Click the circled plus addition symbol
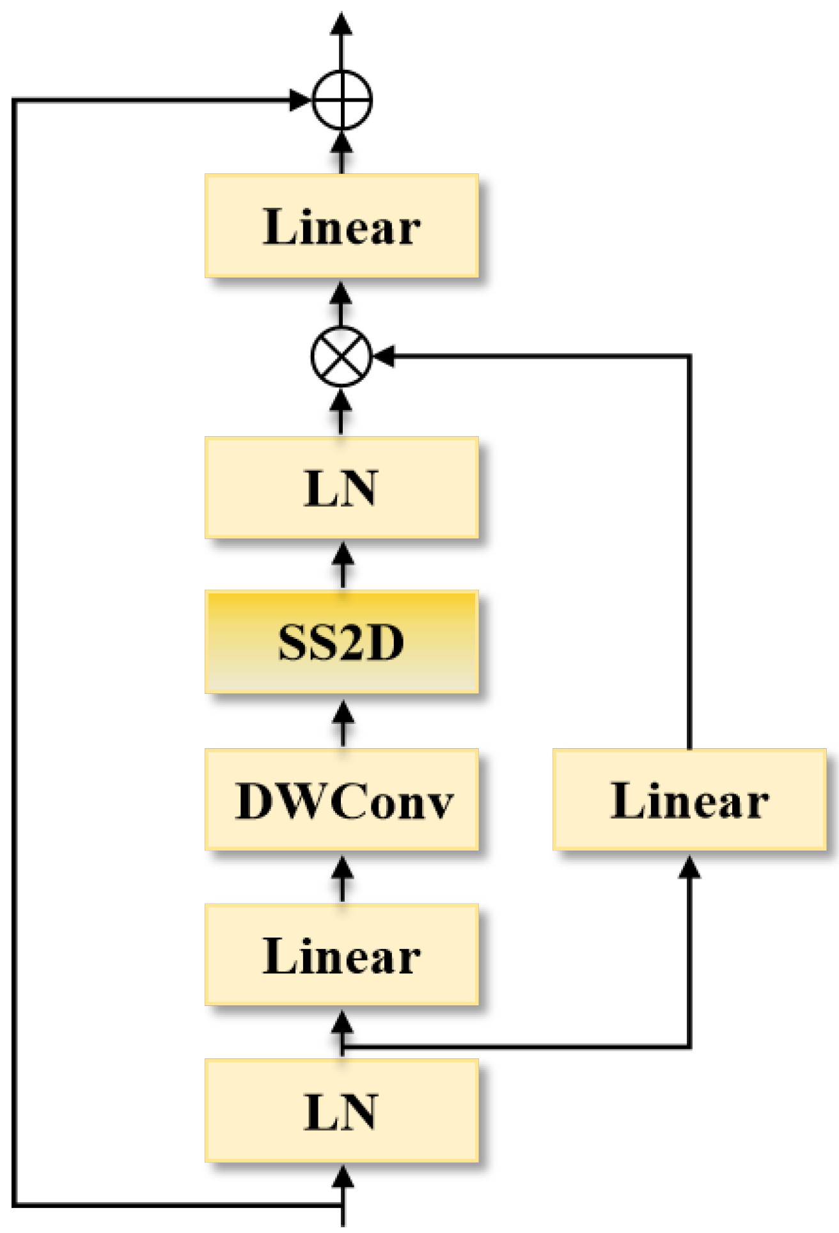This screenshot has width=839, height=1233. click(342, 100)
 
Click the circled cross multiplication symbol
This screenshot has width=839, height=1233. click(341, 356)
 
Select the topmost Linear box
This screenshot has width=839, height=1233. click(341, 226)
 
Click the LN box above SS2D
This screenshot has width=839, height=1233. click(341, 488)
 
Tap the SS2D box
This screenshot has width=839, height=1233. click(341, 641)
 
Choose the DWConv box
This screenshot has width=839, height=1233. click(341, 799)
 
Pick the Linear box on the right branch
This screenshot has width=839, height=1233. click(689, 799)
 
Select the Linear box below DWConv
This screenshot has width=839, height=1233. click(341, 955)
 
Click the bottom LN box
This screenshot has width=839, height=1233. click(341, 1111)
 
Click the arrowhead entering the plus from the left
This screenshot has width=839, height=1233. click(299, 100)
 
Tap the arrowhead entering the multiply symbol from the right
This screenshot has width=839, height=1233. click(384, 356)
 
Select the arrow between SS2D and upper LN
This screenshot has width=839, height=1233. click(343, 565)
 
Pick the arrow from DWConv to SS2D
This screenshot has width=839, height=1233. click(343, 723)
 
